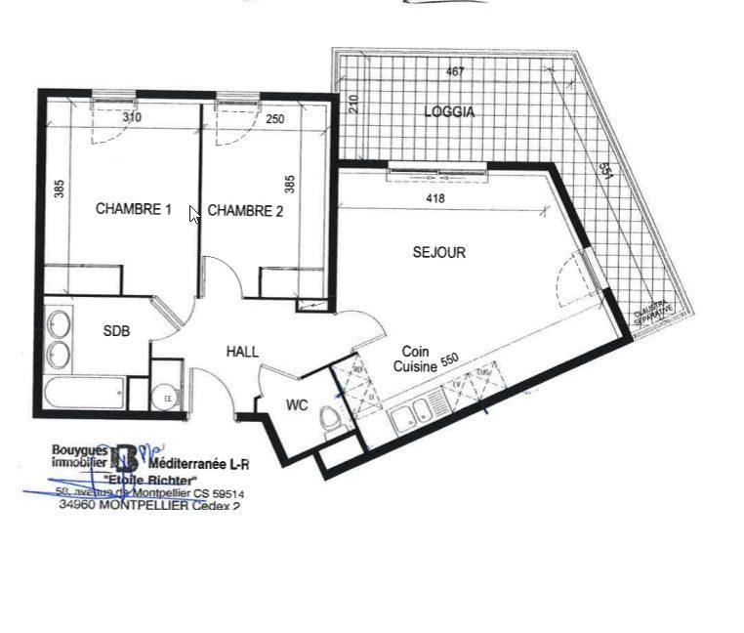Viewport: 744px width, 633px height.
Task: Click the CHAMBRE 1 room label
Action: click(133, 209)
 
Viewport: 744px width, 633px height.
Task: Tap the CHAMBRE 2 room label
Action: click(245, 210)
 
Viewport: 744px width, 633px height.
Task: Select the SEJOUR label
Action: click(438, 252)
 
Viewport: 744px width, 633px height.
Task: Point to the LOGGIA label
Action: click(449, 112)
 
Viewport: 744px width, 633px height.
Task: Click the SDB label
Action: click(116, 331)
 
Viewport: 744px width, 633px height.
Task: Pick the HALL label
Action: click(242, 352)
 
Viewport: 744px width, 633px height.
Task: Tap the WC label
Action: click(297, 404)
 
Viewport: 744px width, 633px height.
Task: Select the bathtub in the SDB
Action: click(93, 394)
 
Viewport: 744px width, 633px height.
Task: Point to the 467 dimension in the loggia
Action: click(454, 71)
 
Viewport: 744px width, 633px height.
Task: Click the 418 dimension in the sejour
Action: click(435, 199)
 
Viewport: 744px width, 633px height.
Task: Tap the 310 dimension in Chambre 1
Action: click(132, 118)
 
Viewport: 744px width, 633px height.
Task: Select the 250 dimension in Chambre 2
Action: click(275, 119)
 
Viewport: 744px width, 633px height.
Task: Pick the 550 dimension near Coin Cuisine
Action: click(449, 360)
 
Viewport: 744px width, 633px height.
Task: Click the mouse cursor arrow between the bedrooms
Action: click(193, 215)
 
